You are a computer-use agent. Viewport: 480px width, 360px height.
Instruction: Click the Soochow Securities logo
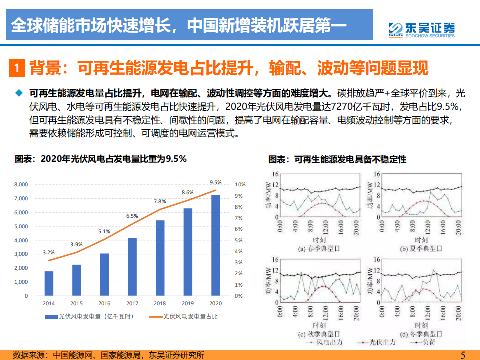coord(422,29)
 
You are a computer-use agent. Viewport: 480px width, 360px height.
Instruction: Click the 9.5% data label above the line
coord(215,182)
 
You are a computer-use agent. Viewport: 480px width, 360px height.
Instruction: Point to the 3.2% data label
coord(49,252)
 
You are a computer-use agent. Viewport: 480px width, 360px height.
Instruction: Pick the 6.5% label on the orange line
coord(132,216)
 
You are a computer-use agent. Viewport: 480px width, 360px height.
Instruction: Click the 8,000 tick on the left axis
coord(21,185)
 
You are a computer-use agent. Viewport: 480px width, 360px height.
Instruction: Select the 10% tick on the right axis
coord(240,185)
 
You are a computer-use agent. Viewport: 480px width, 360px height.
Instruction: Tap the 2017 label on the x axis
coord(132,303)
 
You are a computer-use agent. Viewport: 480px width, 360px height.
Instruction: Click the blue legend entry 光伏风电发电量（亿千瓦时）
coord(88,317)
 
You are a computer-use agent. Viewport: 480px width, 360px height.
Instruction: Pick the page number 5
coord(462,355)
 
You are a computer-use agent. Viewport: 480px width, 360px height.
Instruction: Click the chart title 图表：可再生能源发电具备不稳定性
coord(337,160)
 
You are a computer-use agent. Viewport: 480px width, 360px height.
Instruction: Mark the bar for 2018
coord(160,258)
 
